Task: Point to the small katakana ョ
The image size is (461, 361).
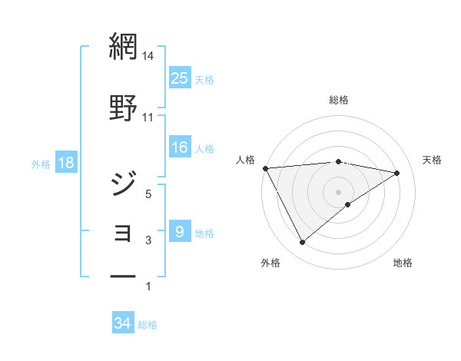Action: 124,232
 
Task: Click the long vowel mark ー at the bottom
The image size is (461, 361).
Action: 123,274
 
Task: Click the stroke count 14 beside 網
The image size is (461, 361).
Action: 148,56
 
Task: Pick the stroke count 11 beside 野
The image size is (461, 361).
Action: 148,117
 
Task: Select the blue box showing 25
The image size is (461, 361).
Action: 180,78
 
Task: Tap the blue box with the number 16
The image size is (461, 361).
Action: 180,147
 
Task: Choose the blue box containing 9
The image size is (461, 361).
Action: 180,231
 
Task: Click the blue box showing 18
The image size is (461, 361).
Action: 65,164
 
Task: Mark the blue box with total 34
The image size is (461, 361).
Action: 123,323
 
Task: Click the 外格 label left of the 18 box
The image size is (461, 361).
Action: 41,164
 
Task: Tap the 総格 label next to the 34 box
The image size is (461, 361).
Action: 148,325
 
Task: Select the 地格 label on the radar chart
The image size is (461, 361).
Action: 403,263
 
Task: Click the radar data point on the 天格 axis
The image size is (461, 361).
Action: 397,173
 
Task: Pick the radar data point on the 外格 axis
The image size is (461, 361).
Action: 302,243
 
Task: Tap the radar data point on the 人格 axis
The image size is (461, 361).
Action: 265,168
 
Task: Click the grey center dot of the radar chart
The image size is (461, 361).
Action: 338,191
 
